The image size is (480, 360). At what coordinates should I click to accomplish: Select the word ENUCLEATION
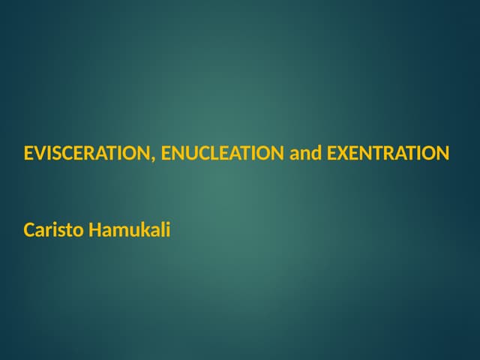point(223,154)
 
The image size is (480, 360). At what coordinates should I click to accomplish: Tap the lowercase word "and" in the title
point(305,154)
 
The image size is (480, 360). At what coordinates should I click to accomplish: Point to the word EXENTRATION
point(388,154)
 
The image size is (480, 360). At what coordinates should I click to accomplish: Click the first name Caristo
point(53,229)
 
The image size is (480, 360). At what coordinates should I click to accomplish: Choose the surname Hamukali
point(129,229)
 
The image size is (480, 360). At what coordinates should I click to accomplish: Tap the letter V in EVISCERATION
point(39,154)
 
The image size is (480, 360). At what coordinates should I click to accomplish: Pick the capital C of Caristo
point(28,229)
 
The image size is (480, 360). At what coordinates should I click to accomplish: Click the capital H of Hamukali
point(94,229)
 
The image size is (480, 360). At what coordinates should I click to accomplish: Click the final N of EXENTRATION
point(442,154)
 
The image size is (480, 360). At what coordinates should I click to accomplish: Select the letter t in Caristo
point(68,229)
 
